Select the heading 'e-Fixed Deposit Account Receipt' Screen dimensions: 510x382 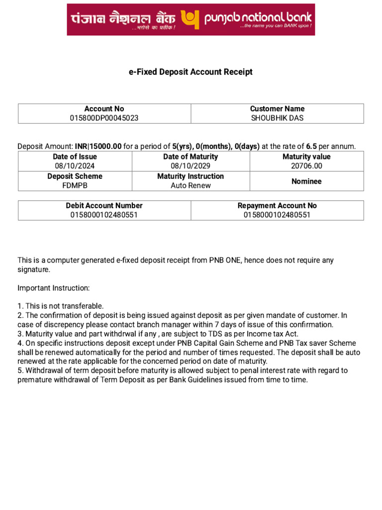[x=191, y=72]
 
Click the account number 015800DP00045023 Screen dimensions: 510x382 [x=104, y=118]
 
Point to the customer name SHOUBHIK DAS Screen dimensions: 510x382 [x=277, y=118]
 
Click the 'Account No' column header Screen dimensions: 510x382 [x=104, y=109]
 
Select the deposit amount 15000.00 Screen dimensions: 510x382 [x=105, y=146]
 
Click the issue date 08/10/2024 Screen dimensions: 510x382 [x=75, y=166]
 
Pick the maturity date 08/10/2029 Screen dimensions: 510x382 [x=191, y=166]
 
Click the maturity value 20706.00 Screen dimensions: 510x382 [x=306, y=166]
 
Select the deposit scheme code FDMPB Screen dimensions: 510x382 [x=75, y=185]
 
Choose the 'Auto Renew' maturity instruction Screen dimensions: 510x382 [x=191, y=185]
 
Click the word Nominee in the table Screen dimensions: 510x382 [x=306, y=181]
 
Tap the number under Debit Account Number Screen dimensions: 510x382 [x=104, y=215]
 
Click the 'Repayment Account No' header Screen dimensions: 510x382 [x=277, y=205]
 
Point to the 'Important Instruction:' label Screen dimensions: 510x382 [x=54, y=288]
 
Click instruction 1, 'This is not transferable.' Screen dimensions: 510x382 [x=61, y=306]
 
